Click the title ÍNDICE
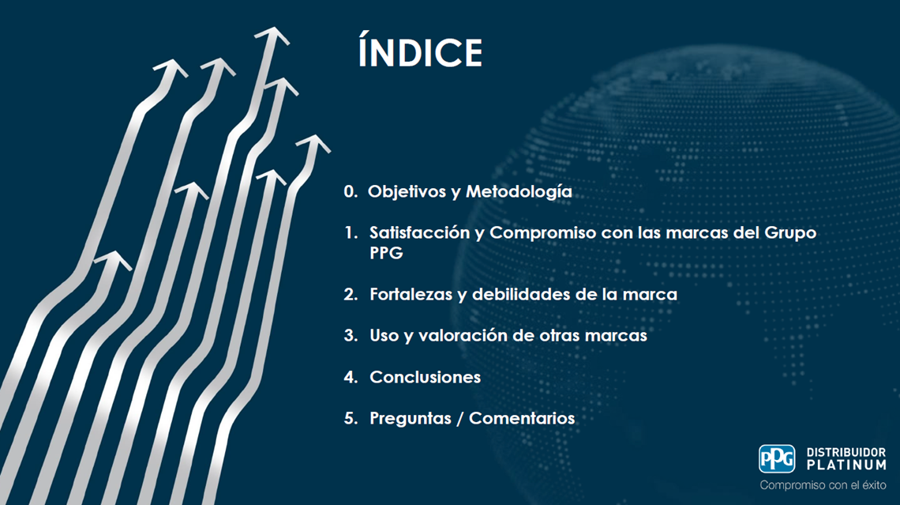pyautogui.click(x=421, y=51)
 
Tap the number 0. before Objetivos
pyautogui.click(x=351, y=191)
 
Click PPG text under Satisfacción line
pyautogui.click(x=386, y=253)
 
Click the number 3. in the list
pyautogui.click(x=351, y=336)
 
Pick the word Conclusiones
pyautogui.click(x=426, y=377)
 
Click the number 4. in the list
pyautogui.click(x=351, y=377)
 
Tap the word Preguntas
pyautogui.click(x=411, y=418)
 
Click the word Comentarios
pyautogui.click(x=522, y=418)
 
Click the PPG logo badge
pyautogui.click(x=777, y=459)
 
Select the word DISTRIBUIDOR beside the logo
pyautogui.click(x=846, y=452)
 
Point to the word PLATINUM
pyautogui.click(x=846, y=465)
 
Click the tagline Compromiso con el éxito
pyautogui.click(x=823, y=485)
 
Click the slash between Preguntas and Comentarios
pyautogui.click(x=459, y=419)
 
